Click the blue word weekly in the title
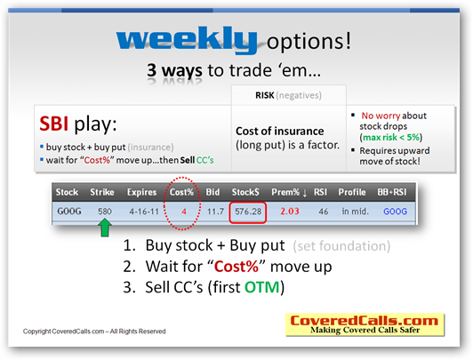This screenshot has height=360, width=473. [x=187, y=39]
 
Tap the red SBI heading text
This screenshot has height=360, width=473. [x=53, y=124]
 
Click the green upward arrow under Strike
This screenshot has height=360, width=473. [x=105, y=228]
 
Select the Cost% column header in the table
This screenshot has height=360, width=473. [x=181, y=192]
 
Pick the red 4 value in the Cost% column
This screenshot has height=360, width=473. [x=184, y=212]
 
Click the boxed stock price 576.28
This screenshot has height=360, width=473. [x=248, y=212]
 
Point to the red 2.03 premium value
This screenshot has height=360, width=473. [x=290, y=211]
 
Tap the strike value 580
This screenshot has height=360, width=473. [x=105, y=212]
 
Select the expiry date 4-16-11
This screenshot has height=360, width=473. [x=144, y=212]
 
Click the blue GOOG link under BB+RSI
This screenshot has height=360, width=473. [x=395, y=212]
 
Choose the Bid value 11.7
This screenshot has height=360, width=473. [x=215, y=212]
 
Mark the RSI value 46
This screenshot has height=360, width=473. [x=323, y=212]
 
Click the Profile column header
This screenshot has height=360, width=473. [x=352, y=192]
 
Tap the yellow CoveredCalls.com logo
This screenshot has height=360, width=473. [x=365, y=324]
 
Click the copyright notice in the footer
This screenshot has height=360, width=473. [x=94, y=332]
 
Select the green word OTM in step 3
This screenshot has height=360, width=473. [x=262, y=287]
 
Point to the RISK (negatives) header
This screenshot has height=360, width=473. [x=288, y=95]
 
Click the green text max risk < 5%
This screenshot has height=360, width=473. [x=391, y=138]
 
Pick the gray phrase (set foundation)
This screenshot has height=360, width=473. [x=341, y=246]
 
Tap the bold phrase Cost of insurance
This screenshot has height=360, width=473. [x=280, y=132]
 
